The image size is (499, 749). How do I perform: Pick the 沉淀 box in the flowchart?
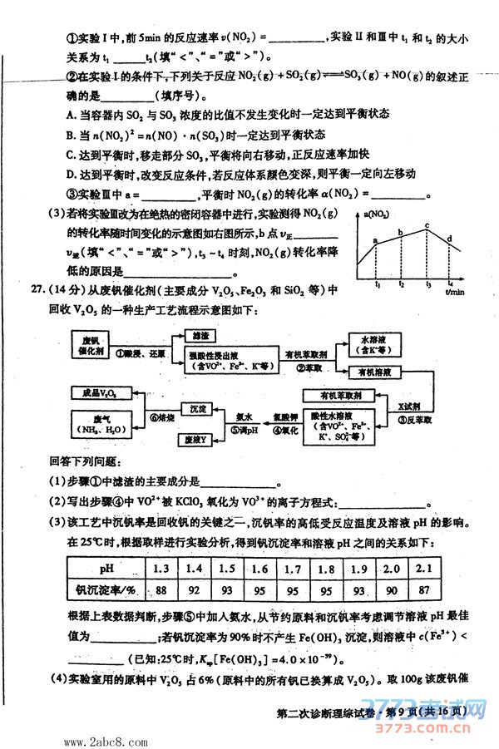(196, 409)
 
